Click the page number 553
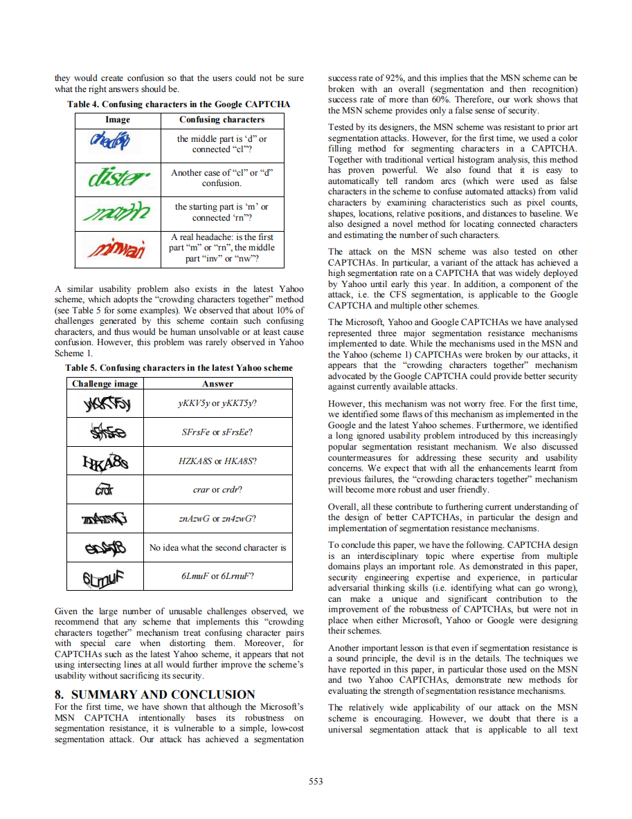click(x=316, y=781)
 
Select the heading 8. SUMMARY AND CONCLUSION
click(x=154, y=694)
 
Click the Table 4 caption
click(x=179, y=104)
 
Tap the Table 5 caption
click(x=179, y=368)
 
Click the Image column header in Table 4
click(x=117, y=120)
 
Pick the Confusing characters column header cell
click(x=222, y=120)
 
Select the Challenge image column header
click(x=105, y=383)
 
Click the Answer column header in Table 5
click(x=217, y=383)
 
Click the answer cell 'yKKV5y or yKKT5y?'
click(x=217, y=403)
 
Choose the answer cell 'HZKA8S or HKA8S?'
click(x=217, y=461)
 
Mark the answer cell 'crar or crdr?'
click(x=217, y=489)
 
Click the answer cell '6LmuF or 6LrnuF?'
click(x=217, y=576)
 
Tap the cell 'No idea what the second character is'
click(x=217, y=547)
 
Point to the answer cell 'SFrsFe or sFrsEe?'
click(x=217, y=432)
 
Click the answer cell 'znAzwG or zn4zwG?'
click(x=217, y=518)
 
